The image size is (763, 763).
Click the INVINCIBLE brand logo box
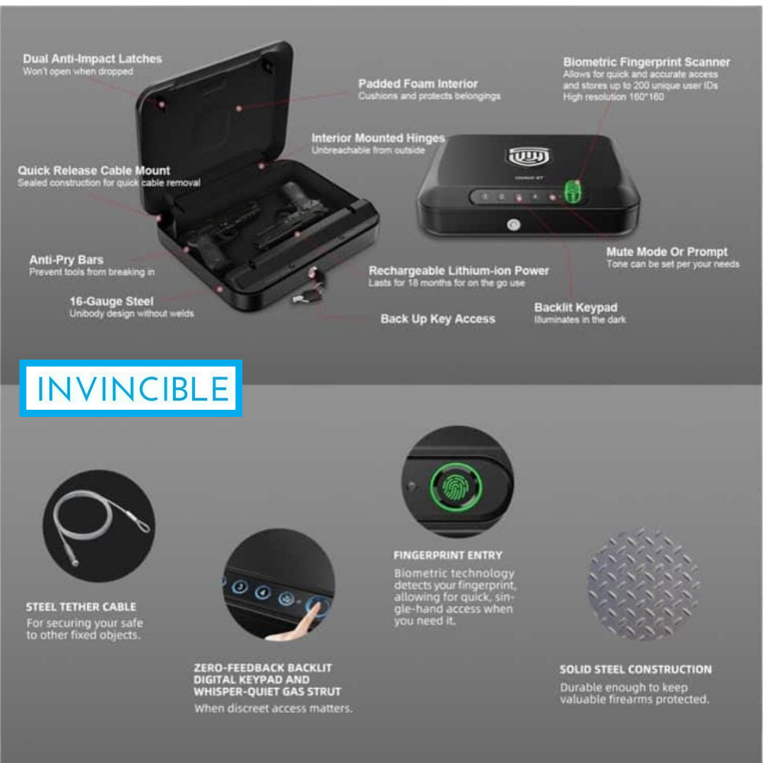(x=131, y=388)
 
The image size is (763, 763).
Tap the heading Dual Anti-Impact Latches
(x=93, y=59)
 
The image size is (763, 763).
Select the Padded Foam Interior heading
(x=418, y=83)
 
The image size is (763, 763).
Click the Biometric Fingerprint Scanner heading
(x=646, y=61)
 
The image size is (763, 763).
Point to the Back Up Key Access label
(x=438, y=319)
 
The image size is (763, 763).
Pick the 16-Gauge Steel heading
(x=112, y=301)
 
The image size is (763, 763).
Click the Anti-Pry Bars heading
(x=66, y=259)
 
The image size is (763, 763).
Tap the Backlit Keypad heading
(x=576, y=307)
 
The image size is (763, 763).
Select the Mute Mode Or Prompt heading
(x=667, y=252)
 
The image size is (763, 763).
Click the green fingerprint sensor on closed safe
(x=572, y=192)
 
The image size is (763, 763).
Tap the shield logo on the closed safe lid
(x=529, y=156)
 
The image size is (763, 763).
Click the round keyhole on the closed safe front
(x=514, y=225)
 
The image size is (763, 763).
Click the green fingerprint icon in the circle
(x=456, y=487)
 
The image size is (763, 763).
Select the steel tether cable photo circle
(x=100, y=526)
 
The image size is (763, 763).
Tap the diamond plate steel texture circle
(x=644, y=584)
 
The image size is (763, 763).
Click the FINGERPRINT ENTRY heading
(x=448, y=555)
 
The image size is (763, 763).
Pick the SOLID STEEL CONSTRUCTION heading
(x=636, y=670)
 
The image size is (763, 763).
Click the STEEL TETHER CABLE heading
(x=81, y=607)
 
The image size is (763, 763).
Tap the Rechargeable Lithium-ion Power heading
(x=459, y=271)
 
